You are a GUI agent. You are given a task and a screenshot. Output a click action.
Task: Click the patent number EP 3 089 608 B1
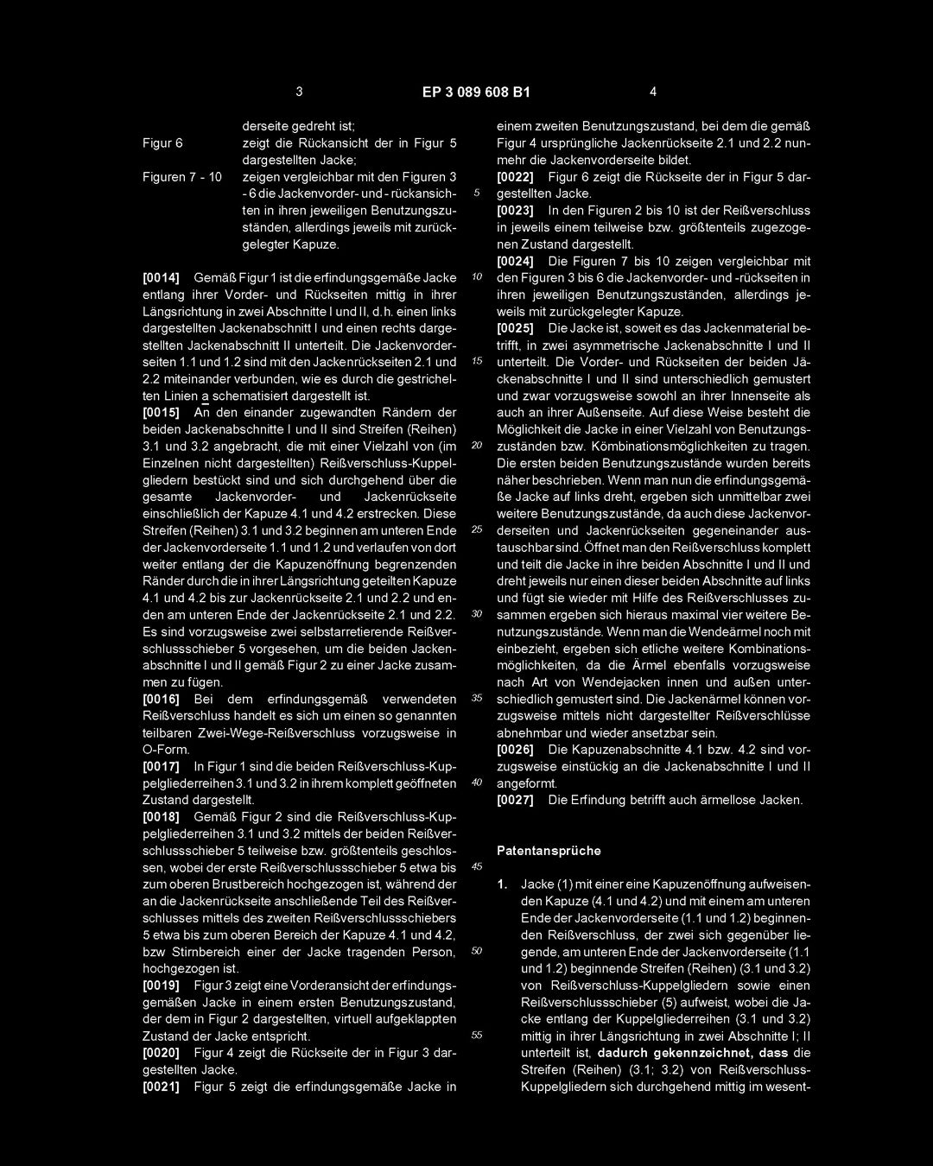pos(476,92)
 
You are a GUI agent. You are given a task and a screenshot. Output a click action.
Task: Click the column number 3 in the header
pos(299,92)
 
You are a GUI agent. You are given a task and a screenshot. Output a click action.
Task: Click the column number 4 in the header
pos(653,92)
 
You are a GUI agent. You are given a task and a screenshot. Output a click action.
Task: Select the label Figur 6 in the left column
pos(162,143)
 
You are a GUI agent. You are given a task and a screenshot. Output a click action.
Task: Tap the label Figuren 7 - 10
pos(183,176)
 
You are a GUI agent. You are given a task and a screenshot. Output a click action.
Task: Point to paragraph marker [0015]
pos(161,412)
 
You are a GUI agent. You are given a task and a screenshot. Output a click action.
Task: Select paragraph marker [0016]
pos(161,699)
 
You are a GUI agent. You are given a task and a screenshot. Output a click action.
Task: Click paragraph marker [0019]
pos(161,985)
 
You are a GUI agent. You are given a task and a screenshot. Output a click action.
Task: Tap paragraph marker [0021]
pos(161,1087)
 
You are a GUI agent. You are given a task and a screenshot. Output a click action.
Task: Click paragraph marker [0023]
pos(516,210)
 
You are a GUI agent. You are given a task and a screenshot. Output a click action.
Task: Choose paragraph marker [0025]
pos(516,328)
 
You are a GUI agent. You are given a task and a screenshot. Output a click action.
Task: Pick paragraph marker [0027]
pos(516,800)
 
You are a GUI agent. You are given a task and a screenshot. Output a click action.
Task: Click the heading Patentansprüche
pos(549,851)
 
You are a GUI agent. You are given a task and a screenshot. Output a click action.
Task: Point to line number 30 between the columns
pos(476,614)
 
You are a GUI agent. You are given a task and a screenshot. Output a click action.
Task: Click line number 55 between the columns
pos(476,1036)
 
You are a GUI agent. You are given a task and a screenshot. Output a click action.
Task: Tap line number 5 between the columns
pos(476,193)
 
